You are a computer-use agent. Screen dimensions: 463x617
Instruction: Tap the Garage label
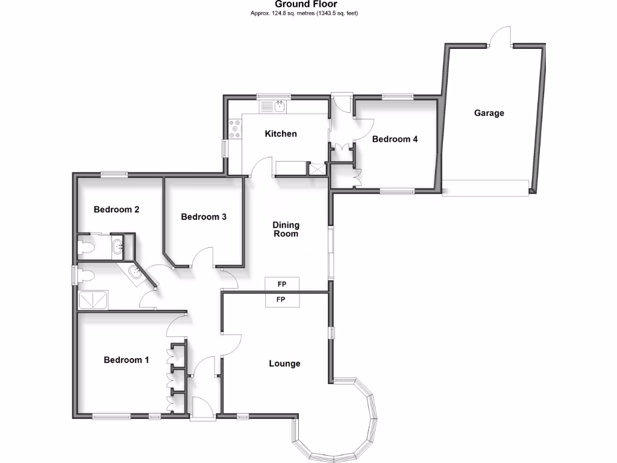pyautogui.click(x=489, y=113)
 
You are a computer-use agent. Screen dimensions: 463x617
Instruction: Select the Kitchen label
pyautogui.click(x=281, y=133)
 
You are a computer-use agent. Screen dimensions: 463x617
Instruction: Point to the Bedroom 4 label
pyautogui.click(x=395, y=139)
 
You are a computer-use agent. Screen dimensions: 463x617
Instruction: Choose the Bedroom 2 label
pyautogui.click(x=116, y=210)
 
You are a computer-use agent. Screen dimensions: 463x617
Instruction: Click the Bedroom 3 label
pyautogui.click(x=203, y=216)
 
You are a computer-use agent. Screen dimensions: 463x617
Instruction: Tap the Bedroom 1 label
pyautogui.click(x=126, y=360)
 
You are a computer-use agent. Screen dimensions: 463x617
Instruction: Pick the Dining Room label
pyautogui.click(x=286, y=229)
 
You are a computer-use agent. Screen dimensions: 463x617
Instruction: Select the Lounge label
pyautogui.click(x=284, y=364)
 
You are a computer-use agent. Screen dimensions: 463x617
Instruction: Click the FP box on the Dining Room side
pyautogui.click(x=281, y=284)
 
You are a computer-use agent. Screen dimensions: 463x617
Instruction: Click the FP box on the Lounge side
pyautogui.click(x=281, y=300)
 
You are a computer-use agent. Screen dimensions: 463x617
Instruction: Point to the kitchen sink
pyautogui.click(x=279, y=107)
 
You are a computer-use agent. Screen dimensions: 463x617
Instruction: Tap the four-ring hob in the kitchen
pyautogui.click(x=234, y=128)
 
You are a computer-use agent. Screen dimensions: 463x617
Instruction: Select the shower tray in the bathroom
pyautogui.click(x=93, y=299)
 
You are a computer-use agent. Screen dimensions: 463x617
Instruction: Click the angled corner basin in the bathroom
pyautogui.click(x=137, y=274)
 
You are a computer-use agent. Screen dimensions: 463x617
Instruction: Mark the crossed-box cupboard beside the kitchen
pyautogui.click(x=316, y=169)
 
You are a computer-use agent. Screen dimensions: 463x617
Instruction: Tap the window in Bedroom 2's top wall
pyautogui.click(x=114, y=175)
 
